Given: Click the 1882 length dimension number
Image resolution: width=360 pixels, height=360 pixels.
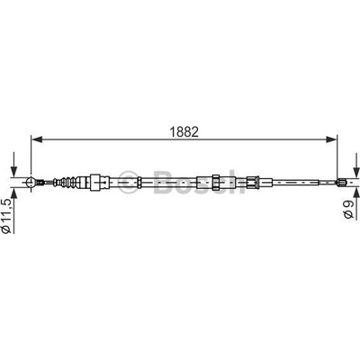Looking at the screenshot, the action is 184,132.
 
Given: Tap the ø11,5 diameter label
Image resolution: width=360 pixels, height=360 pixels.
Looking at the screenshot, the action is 6,215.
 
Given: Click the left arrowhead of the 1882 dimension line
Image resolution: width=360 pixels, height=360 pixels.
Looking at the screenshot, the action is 37,139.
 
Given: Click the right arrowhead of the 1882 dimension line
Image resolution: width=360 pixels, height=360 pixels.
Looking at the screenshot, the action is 332,139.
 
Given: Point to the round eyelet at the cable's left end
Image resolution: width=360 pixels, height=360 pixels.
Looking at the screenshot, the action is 31,182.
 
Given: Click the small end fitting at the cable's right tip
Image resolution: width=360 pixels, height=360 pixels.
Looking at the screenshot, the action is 341,182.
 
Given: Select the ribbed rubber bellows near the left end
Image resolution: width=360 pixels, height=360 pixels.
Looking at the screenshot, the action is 66,182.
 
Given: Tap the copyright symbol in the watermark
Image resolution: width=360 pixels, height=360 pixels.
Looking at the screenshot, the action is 130,182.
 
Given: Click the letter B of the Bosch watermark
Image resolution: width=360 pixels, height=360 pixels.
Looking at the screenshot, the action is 165,182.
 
